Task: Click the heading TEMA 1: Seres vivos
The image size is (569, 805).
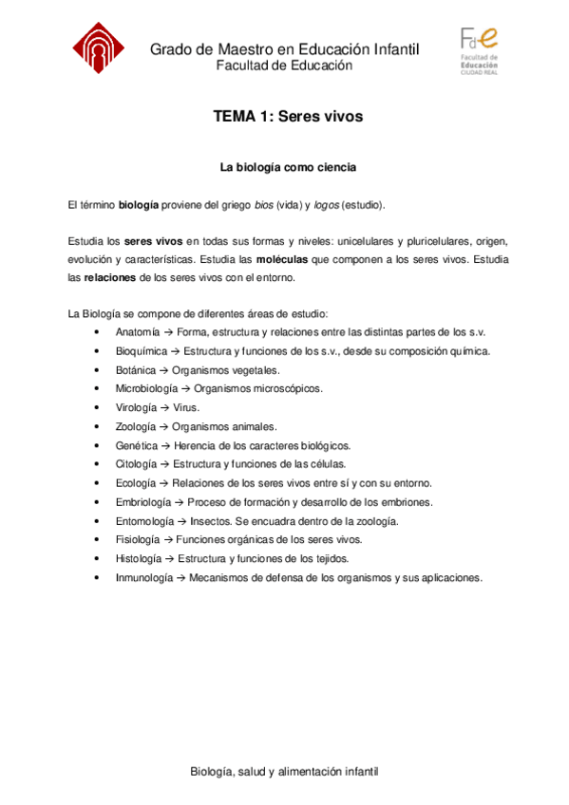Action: [x=289, y=117]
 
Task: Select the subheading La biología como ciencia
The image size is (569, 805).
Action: [x=289, y=168]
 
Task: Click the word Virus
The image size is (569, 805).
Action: [x=186, y=407]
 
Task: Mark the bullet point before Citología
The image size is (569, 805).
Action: [x=98, y=464]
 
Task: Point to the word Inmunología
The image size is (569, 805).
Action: [x=144, y=576]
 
